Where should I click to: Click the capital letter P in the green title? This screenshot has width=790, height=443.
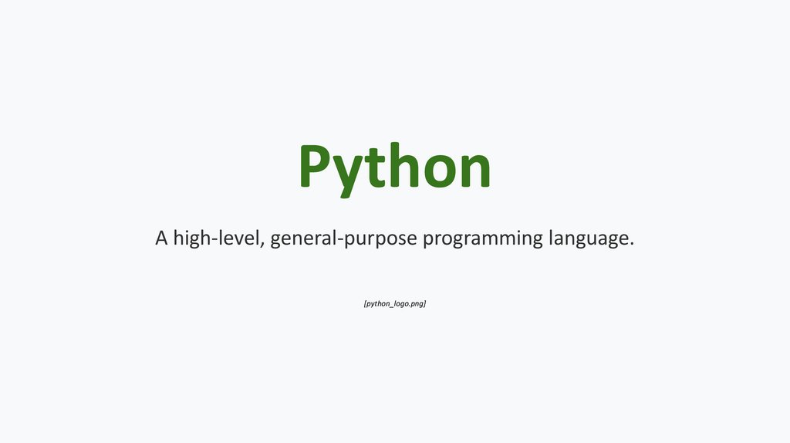[x=317, y=167]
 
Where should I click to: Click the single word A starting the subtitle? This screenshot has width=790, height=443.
[x=161, y=238]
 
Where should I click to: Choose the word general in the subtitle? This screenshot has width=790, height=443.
[x=300, y=238]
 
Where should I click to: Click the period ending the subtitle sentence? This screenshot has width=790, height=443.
[x=631, y=244]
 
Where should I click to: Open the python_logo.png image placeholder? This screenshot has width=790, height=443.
[x=395, y=304]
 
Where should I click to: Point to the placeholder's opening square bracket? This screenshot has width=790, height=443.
[x=364, y=304]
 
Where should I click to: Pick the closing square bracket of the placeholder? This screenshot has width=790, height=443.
[x=425, y=304]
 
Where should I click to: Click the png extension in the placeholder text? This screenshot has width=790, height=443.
[x=417, y=305]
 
